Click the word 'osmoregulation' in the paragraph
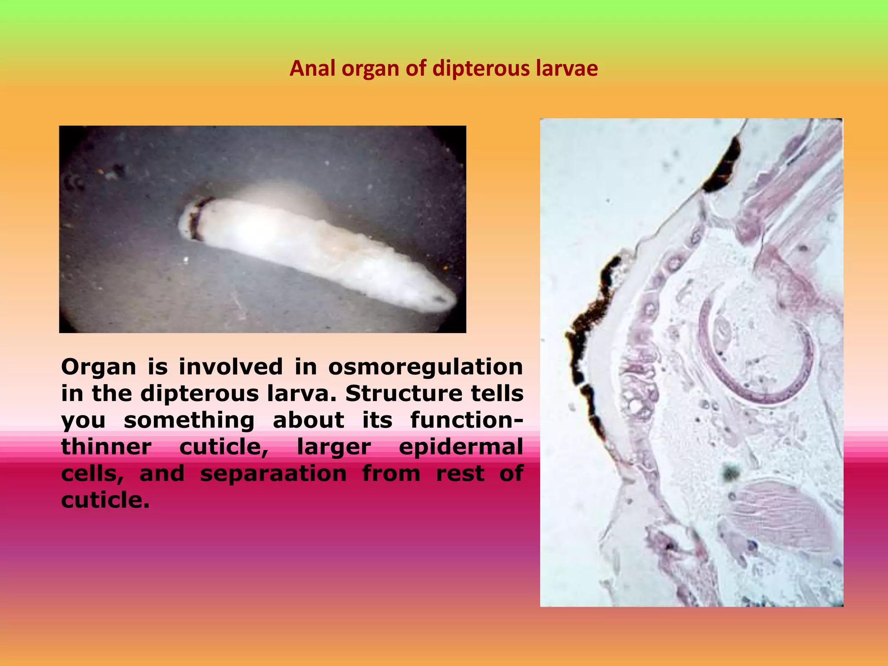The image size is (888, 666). [x=425, y=367]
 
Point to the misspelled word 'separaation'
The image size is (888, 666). [x=273, y=473]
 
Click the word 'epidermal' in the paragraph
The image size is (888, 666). [x=461, y=447]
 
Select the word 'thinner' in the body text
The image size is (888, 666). [x=106, y=447]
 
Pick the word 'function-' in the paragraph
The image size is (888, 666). [x=467, y=420]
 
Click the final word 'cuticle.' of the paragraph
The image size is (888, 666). [x=105, y=500]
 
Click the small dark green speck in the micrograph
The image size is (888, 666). [x=731, y=473]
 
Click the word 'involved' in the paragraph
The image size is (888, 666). [x=230, y=367]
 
